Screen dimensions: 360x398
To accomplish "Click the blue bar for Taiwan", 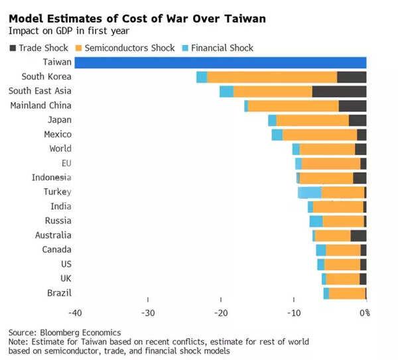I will (220, 62).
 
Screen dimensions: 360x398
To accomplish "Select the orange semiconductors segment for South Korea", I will (272, 77).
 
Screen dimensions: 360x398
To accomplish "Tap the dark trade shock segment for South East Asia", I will (339, 91).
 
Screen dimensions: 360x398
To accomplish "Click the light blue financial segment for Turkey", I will (310, 192).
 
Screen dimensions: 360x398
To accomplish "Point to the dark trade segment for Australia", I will (358, 235).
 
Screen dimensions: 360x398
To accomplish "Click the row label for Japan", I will (60, 120).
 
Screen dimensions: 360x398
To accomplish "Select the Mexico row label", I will (57, 135).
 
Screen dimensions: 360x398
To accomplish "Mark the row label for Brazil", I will (60, 293).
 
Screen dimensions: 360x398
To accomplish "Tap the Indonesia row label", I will (51, 178).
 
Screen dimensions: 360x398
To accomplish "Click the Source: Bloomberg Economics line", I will (65, 332).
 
